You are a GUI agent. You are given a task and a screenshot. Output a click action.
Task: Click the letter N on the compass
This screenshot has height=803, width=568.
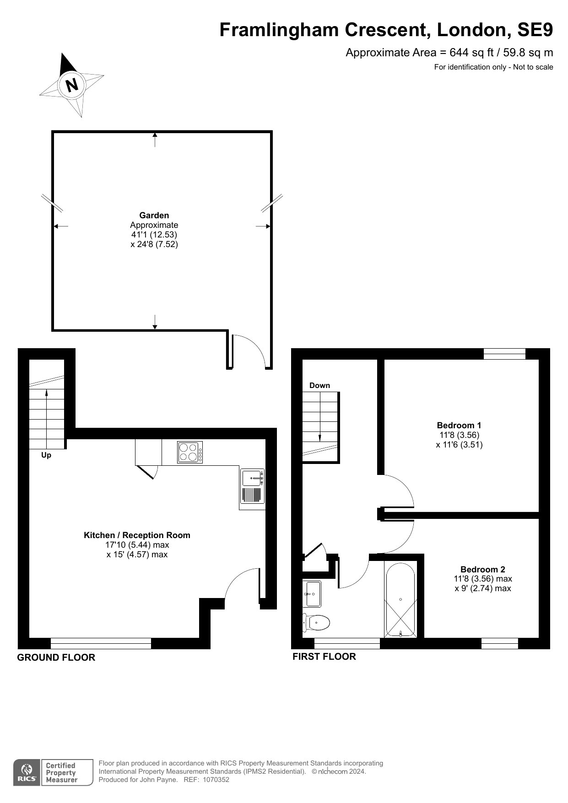(72, 85)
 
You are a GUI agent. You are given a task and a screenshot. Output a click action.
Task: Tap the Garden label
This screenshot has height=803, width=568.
(154, 215)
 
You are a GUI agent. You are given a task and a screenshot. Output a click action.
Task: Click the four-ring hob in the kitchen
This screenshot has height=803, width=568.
(190, 452)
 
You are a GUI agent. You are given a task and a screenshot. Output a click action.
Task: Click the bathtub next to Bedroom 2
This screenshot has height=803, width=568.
(400, 600)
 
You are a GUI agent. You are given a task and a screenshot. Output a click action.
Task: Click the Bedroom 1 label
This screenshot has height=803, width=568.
(459, 425)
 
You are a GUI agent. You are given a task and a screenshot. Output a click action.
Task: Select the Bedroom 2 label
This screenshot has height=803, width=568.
(483, 569)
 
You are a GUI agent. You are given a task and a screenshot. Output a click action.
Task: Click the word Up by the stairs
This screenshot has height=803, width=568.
(46, 455)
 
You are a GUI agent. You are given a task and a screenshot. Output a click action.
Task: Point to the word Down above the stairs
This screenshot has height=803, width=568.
(319, 385)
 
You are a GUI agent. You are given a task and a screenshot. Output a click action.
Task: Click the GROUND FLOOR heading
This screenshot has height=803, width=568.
(56, 657)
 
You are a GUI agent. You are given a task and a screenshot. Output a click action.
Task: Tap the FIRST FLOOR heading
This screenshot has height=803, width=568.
(324, 657)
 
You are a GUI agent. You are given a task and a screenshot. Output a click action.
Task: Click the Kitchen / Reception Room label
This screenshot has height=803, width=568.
(137, 535)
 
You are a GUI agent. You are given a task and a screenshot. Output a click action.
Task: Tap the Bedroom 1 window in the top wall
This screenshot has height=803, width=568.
(505, 354)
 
